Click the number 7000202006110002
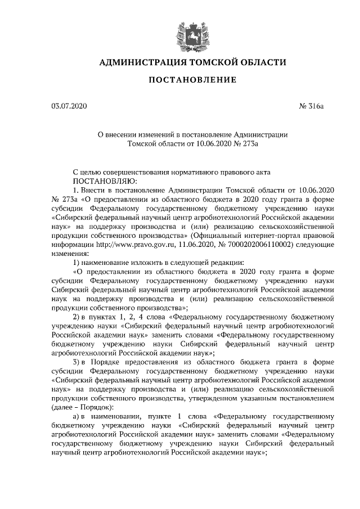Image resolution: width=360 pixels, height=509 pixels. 253,245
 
